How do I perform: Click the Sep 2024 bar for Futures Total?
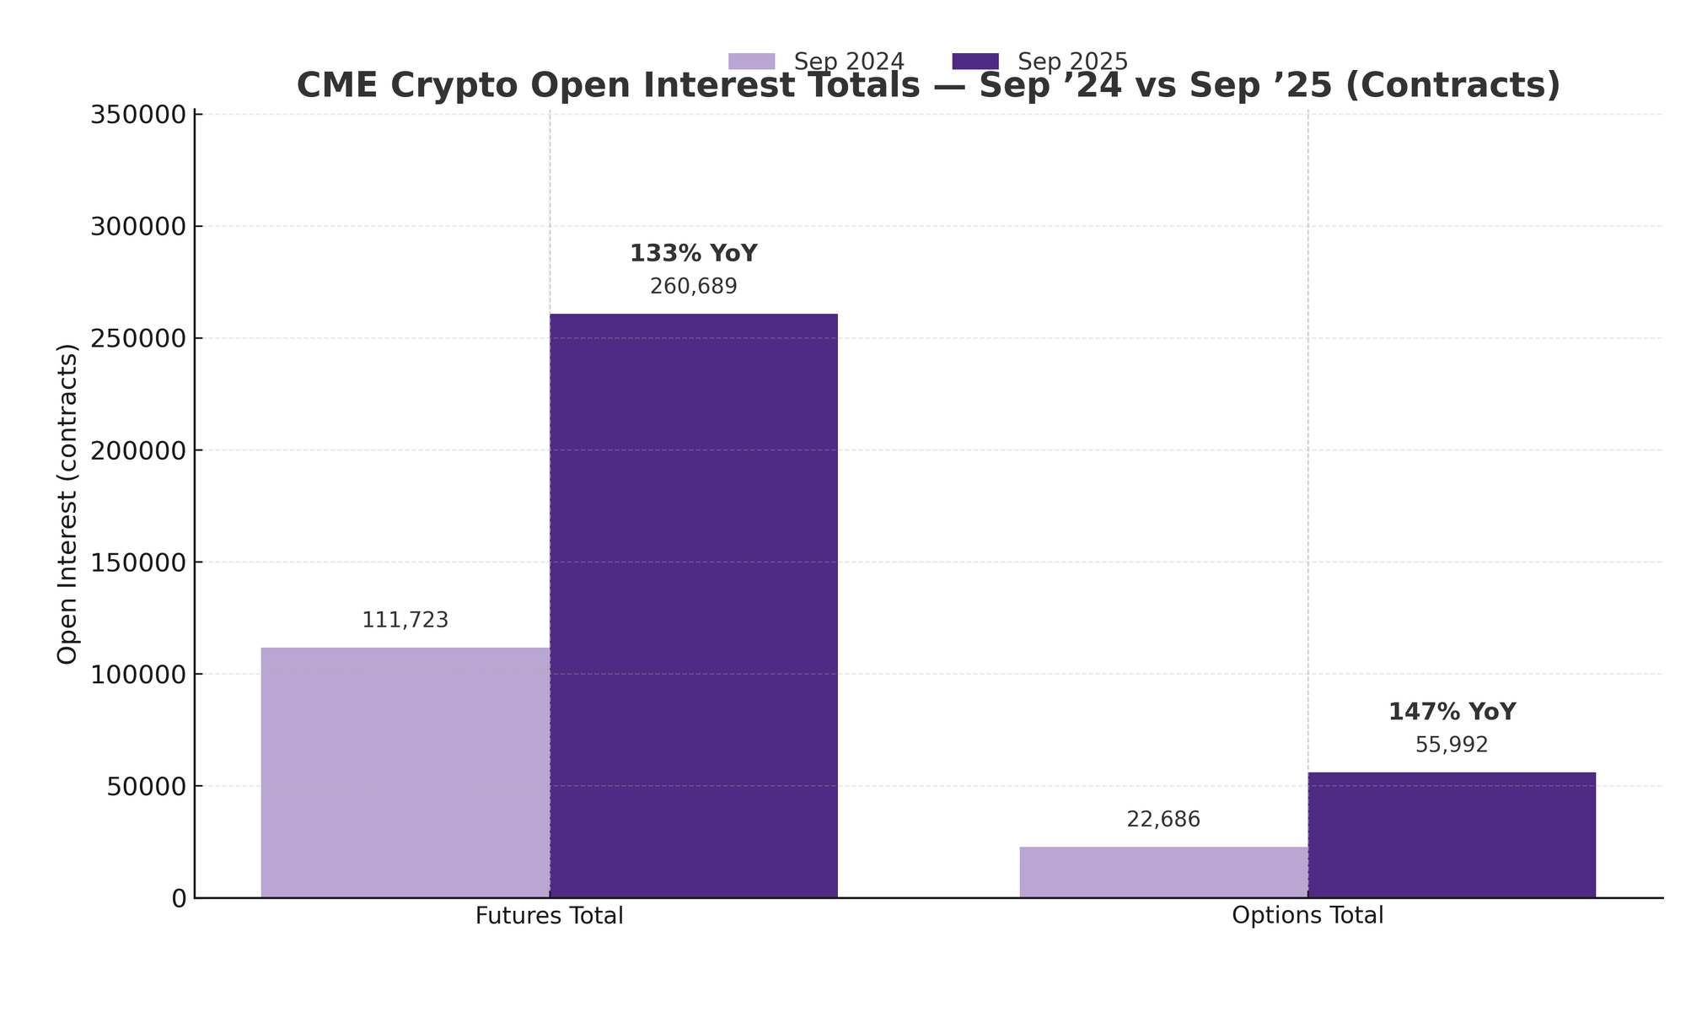pyautogui.click(x=405, y=772)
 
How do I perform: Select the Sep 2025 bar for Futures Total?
pyautogui.click(x=694, y=606)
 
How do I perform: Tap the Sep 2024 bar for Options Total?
pyautogui.click(x=1163, y=872)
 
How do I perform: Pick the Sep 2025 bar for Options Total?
pyautogui.click(x=1452, y=835)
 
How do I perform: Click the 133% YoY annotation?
pyautogui.click(x=694, y=254)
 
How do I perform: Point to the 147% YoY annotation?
pyautogui.click(x=1452, y=713)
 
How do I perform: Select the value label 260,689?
pyautogui.click(x=694, y=287)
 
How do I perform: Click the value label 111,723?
pyautogui.click(x=405, y=621)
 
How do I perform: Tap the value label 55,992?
pyautogui.click(x=1452, y=746)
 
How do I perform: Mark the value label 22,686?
pyautogui.click(x=1163, y=820)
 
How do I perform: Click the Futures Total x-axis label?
pyautogui.click(x=550, y=916)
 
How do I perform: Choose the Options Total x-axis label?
pyautogui.click(x=1307, y=916)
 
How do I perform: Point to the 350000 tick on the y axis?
pyautogui.click(x=137, y=115)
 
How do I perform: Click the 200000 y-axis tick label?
pyautogui.click(x=137, y=450)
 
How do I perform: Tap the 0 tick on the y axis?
pyautogui.click(x=179, y=899)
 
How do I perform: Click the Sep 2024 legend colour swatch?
pyautogui.click(x=751, y=62)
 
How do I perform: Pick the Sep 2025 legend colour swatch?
pyautogui.click(x=975, y=62)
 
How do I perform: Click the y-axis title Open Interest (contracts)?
pyautogui.click(x=67, y=504)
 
